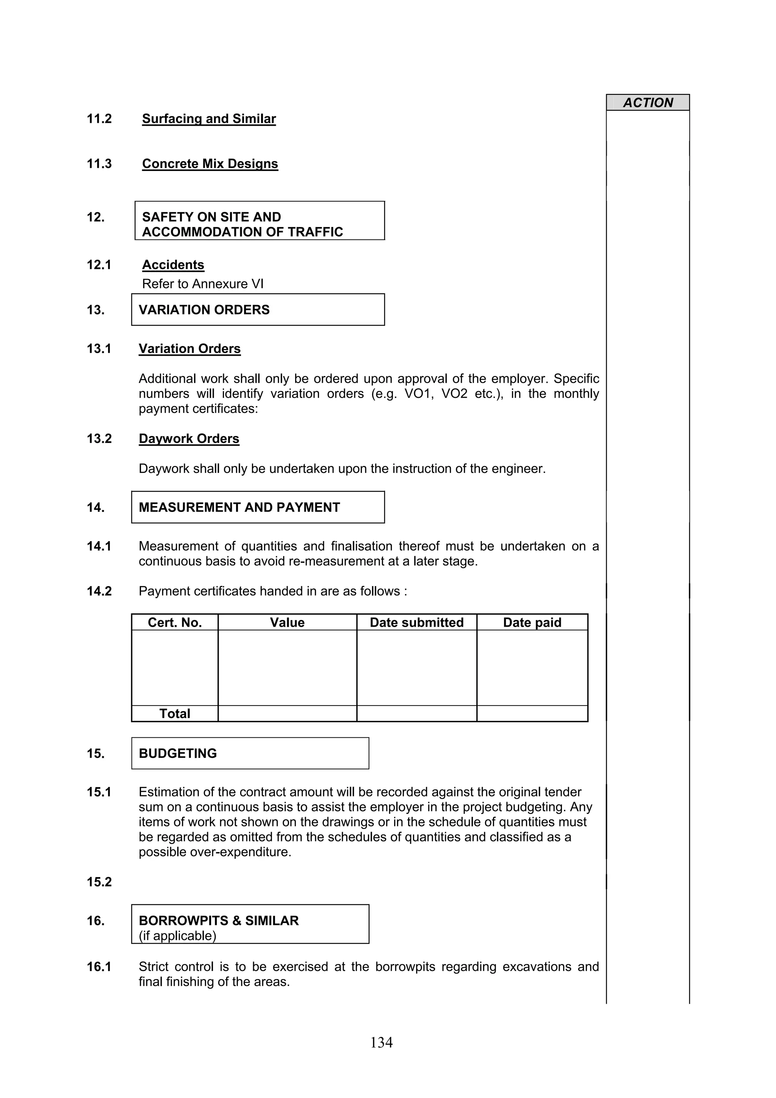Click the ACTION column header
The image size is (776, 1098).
tap(648, 103)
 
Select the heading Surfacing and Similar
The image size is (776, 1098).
tap(209, 119)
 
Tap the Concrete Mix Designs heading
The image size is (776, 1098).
tap(210, 164)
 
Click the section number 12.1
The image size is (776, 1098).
tap(99, 264)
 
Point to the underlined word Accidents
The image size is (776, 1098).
tap(173, 264)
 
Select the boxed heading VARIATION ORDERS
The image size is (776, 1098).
tap(204, 310)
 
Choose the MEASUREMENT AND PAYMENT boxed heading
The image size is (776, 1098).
tap(239, 507)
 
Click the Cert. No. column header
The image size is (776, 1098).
tap(175, 622)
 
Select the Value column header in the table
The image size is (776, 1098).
tap(287, 622)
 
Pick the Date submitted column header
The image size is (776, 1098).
tap(416, 622)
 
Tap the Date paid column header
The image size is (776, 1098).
tap(532, 622)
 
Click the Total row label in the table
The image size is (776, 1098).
tap(175, 713)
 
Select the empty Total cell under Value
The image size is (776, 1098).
tap(287, 713)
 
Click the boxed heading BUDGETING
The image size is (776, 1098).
tap(178, 753)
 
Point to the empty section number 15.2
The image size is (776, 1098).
tap(99, 882)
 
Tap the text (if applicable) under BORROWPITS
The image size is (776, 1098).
tap(177, 936)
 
